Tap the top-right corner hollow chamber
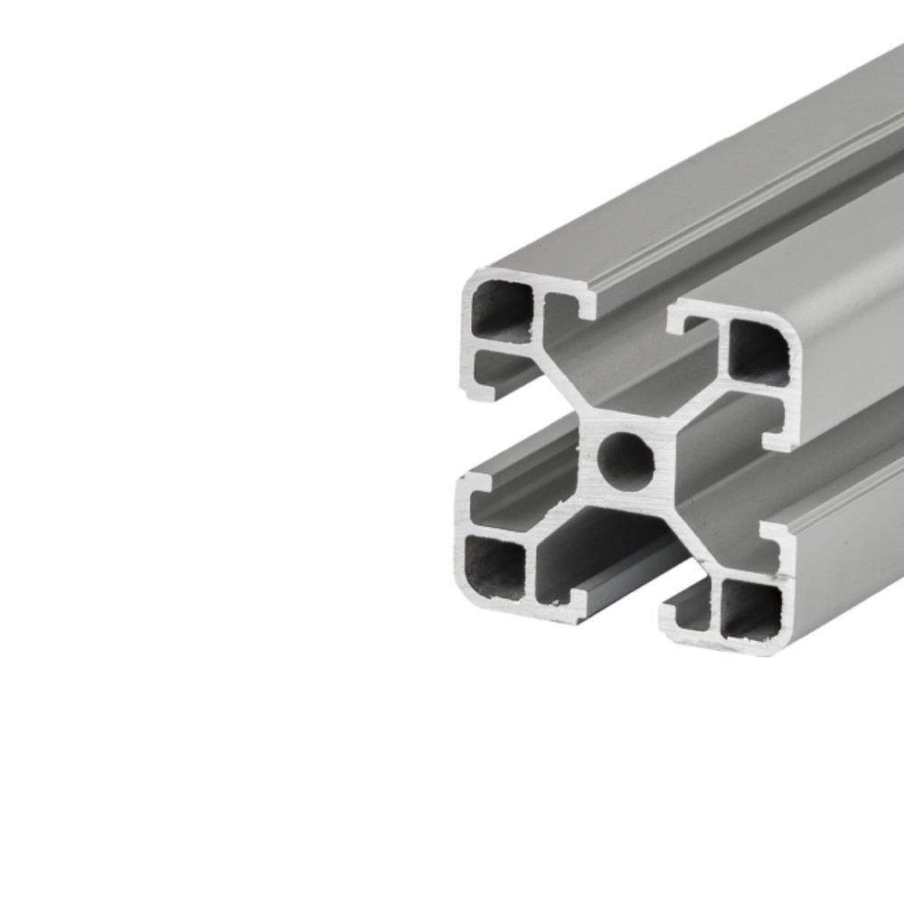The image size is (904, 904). coord(758,351)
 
